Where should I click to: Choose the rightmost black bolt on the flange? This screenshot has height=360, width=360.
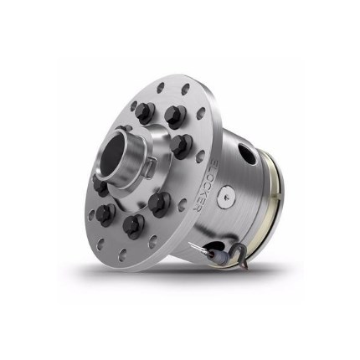tap(178, 145)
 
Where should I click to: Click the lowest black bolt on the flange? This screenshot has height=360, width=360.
tap(131, 224)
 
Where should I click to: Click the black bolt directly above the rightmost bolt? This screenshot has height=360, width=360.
tap(173, 116)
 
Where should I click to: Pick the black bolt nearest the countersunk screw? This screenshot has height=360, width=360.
tap(161, 202)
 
